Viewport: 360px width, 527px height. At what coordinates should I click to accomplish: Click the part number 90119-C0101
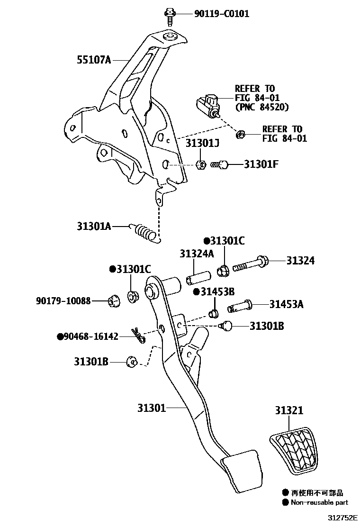point(221,14)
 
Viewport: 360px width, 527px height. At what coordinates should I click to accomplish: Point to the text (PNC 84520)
point(261,107)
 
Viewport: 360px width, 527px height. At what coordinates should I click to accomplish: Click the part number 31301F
point(261,164)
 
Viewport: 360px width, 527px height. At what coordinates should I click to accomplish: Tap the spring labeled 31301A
point(145,232)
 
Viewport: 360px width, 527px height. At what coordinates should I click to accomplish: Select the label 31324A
point(197,254)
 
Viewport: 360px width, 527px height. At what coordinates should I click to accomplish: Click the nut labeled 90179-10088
point(113,300)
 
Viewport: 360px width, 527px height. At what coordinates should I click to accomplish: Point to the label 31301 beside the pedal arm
point(152,408)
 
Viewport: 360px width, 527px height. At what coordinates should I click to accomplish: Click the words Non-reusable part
point(319,502)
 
